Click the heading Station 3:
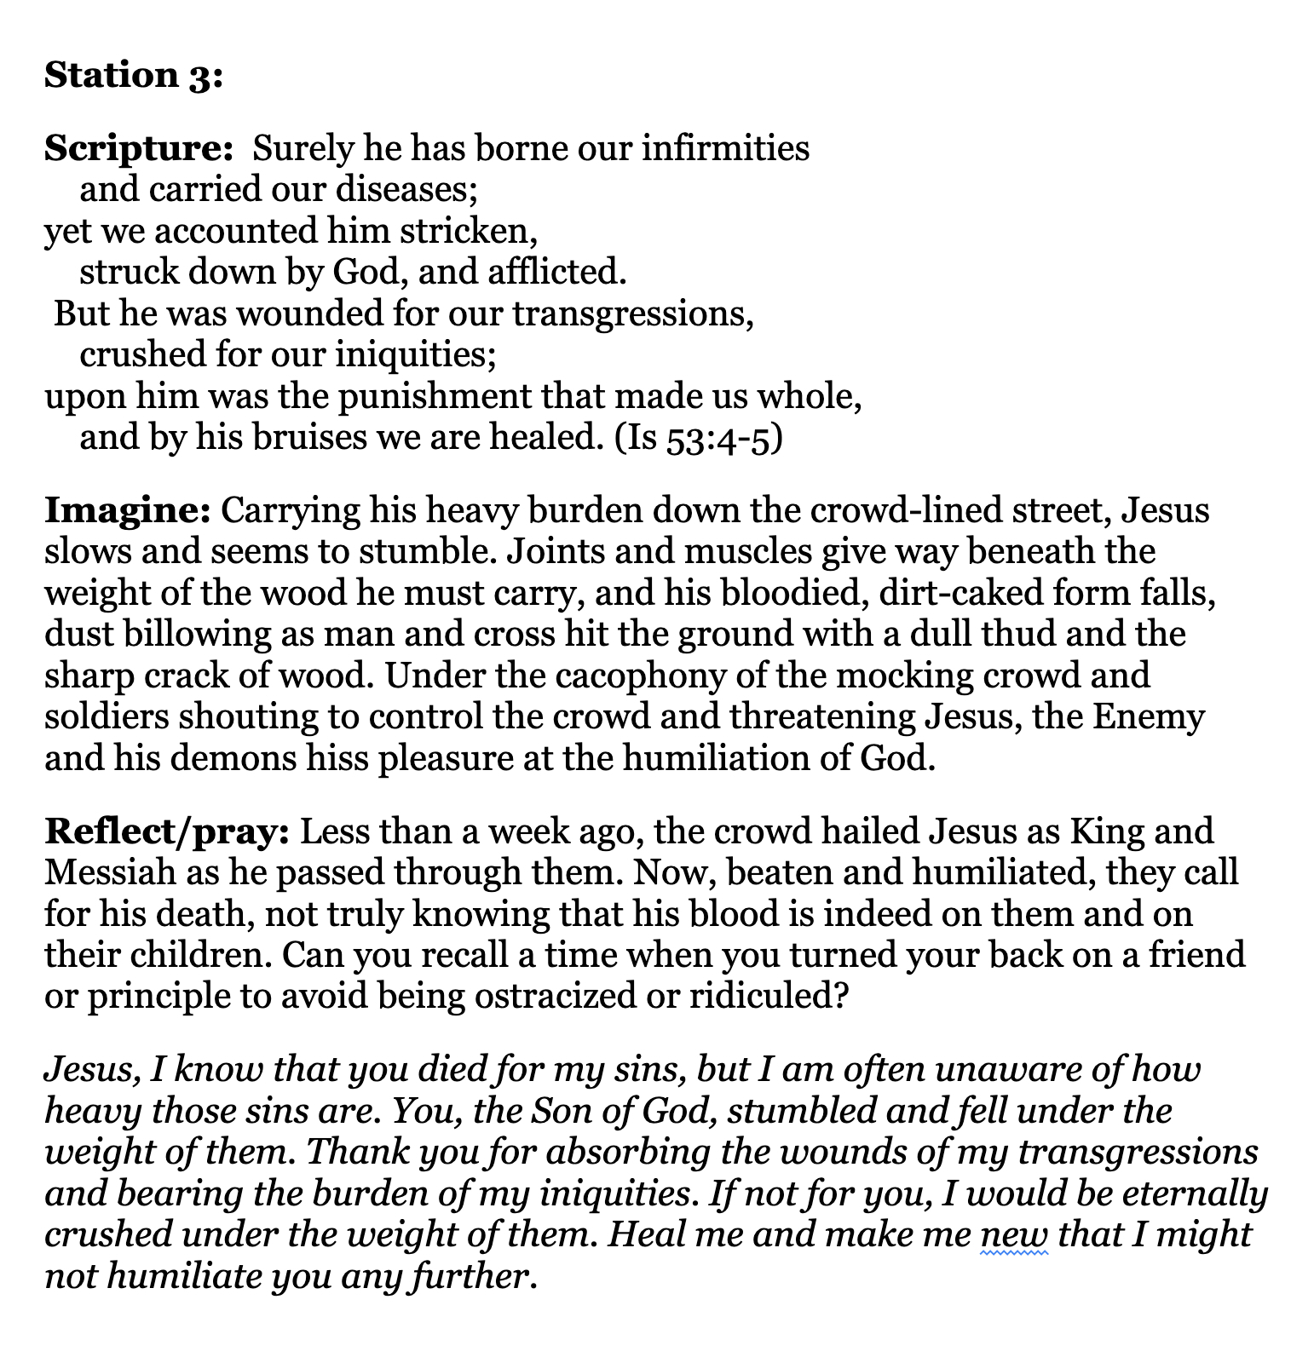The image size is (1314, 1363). (x=133, y=76)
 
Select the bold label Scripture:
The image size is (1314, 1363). (x=139, y=149)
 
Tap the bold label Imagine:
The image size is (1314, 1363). (x=127, y=511)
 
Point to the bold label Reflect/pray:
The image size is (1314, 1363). (x=167, y=831)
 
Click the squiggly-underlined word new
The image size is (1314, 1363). (x=1014, y=1235)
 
